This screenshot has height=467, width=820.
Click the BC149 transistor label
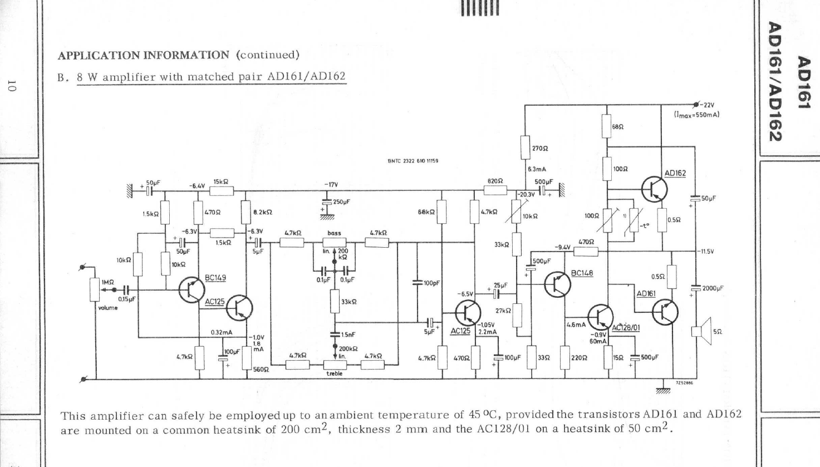215,278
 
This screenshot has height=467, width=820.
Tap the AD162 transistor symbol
654,189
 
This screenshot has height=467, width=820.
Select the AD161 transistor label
646,293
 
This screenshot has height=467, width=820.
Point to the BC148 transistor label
582,273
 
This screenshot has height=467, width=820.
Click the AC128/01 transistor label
626,328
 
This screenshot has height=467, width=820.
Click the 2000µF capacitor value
713,288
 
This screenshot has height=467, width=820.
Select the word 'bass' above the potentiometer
334,233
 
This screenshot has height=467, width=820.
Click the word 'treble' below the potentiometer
334,373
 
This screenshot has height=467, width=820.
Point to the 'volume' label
108,308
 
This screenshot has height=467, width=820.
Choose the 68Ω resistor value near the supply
618,127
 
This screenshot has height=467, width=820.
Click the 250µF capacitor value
341,201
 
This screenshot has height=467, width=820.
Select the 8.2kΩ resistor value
262,212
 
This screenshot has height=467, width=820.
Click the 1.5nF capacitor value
347,335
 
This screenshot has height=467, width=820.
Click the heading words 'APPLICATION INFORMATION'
144,55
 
